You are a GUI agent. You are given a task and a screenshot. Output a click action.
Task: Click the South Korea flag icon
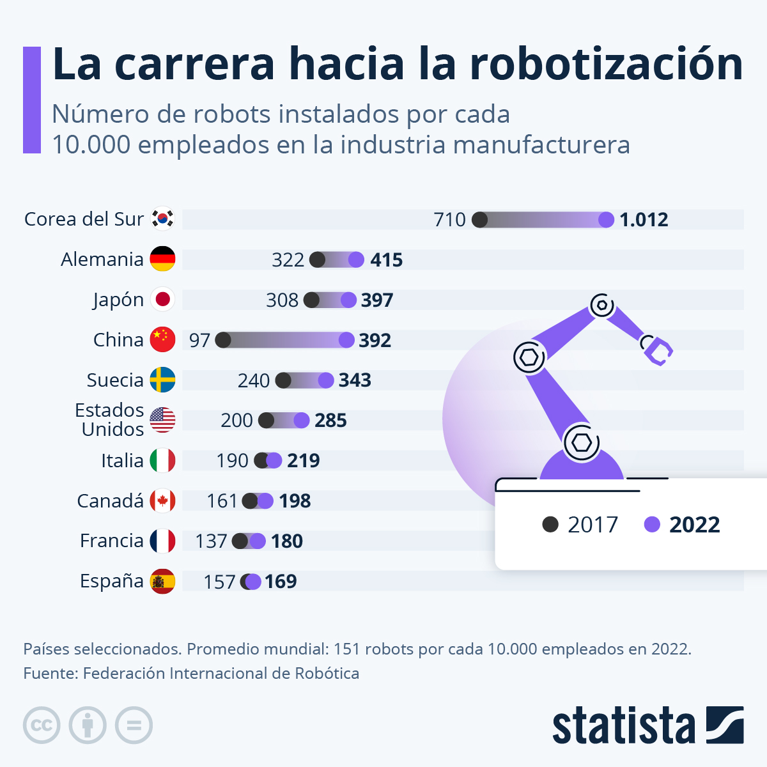(x=162, y=219)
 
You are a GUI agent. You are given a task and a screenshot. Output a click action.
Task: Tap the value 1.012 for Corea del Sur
(x=644, y=220)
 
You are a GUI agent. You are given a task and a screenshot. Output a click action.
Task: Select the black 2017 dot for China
(x=223, y=340)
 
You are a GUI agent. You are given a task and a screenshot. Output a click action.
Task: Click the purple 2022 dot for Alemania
(x=356, y=260)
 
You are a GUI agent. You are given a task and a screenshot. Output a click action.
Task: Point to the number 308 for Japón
(x=282, y=300)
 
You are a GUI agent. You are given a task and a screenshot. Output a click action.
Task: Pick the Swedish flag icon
(x=162, y=380)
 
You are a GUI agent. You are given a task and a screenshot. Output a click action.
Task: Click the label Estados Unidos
(x=110, y=420)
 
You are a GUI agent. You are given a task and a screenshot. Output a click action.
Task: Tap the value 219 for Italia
(x=303, y=461)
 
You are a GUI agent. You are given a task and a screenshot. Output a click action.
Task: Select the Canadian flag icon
(x=162, y=501)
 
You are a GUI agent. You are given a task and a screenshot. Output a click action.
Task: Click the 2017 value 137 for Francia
(x=211, y=541)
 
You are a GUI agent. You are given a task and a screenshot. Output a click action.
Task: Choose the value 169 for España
(x=281, y=582)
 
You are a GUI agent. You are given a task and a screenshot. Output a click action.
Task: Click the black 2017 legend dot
(x=550, y=525)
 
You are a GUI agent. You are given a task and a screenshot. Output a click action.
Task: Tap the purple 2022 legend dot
(x=652, y=525)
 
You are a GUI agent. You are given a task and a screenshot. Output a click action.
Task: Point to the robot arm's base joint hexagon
(x=581, y=442)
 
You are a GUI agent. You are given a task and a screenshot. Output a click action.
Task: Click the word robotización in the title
(x=606, y=64)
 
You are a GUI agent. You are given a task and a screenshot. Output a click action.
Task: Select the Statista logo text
(x=623, y=726)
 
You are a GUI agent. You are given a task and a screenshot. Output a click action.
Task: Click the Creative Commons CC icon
(x=42, y=725)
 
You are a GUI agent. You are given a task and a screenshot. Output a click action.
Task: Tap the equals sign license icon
(x=134, y=725)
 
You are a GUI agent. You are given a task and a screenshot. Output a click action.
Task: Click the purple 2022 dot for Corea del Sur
(x=606, y=220)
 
